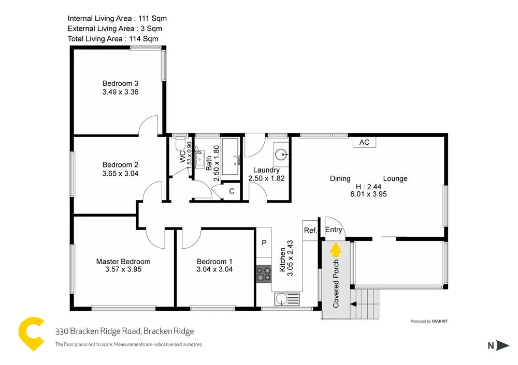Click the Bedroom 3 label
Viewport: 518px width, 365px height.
tap(120, 83)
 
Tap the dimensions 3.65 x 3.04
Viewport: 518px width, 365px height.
tap(120, 174)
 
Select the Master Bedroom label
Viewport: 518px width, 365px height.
tap(123, 262)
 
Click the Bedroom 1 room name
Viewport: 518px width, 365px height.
tap(214, 262)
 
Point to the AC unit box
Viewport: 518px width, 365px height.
tap(364, 142)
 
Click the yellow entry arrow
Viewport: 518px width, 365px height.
tap(336, 250)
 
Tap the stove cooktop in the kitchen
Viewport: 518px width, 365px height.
tap(264, 273)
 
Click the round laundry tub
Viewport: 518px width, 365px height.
tap(281, 154)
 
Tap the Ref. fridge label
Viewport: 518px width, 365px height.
tap(310, 230)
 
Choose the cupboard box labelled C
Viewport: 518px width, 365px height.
tap(232, 191)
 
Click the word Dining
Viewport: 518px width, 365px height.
tap(340, 179)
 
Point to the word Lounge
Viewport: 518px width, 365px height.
tap(395, 179)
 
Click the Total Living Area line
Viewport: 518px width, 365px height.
tap(113, 39)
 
